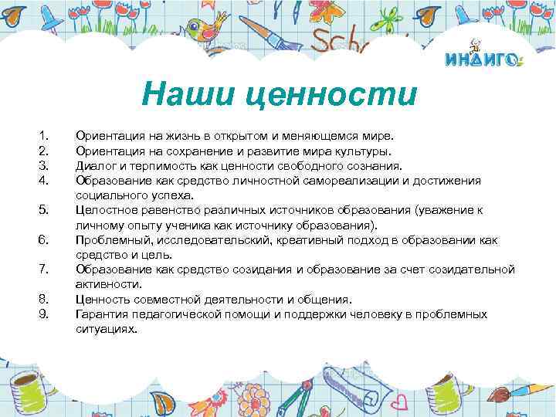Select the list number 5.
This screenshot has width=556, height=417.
coord(44,208)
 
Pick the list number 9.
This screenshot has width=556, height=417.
coord(44,314)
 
